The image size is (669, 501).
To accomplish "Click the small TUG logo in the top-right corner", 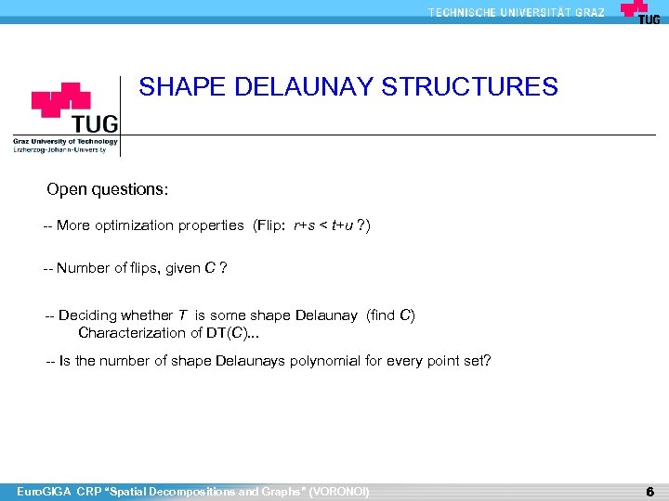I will tap(642, 12).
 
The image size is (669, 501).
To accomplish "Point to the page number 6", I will tap(650, 491).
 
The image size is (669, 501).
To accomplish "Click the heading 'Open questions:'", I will tap(108, 189).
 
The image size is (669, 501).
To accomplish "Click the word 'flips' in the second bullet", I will tap(148, 268).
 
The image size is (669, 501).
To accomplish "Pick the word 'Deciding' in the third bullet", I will tap(89, 315).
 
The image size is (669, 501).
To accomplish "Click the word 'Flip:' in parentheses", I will tap(270, 225).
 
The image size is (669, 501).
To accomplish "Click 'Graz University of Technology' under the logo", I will tap(66, 142).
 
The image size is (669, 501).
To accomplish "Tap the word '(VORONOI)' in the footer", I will tap(339, 491).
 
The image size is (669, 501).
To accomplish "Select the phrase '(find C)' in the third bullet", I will tap(389, 315).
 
